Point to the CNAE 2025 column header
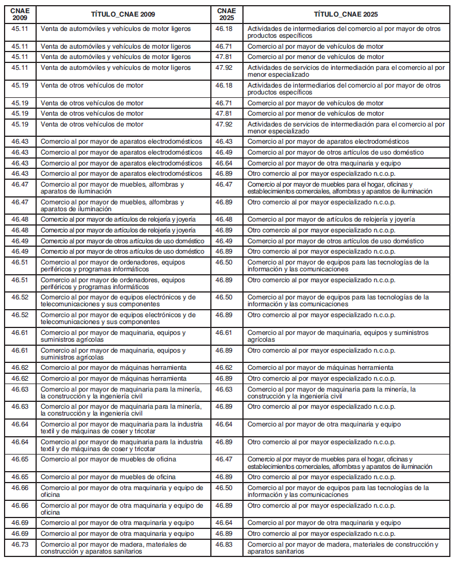point(226,14)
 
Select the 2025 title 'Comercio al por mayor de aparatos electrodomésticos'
point(328,141)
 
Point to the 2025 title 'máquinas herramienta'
point(320,368)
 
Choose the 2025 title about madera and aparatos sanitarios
point(343,547)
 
